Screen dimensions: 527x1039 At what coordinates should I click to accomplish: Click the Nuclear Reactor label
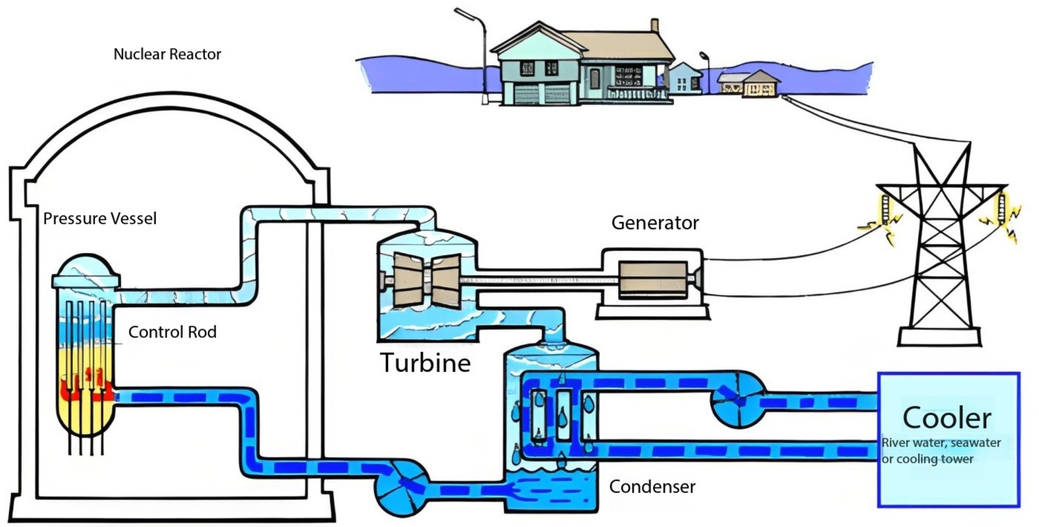(167, 54)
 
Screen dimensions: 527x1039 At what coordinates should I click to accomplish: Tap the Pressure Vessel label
(100, 219)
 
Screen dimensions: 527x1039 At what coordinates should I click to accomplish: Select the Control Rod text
(172, 332)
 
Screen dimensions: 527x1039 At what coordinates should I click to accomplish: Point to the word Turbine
(425, 363)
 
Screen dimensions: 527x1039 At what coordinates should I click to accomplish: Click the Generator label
(655, 223)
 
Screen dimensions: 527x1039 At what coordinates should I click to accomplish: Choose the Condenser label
(652, 486)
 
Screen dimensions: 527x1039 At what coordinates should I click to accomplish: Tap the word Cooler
(947, 418)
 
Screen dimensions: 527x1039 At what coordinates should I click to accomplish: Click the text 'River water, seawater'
(941, 443)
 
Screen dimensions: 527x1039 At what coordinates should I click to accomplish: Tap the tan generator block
(652, 280)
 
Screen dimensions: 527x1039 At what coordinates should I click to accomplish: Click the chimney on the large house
(654, 25)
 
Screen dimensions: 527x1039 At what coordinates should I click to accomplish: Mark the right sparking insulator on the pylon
(1001, 208)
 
